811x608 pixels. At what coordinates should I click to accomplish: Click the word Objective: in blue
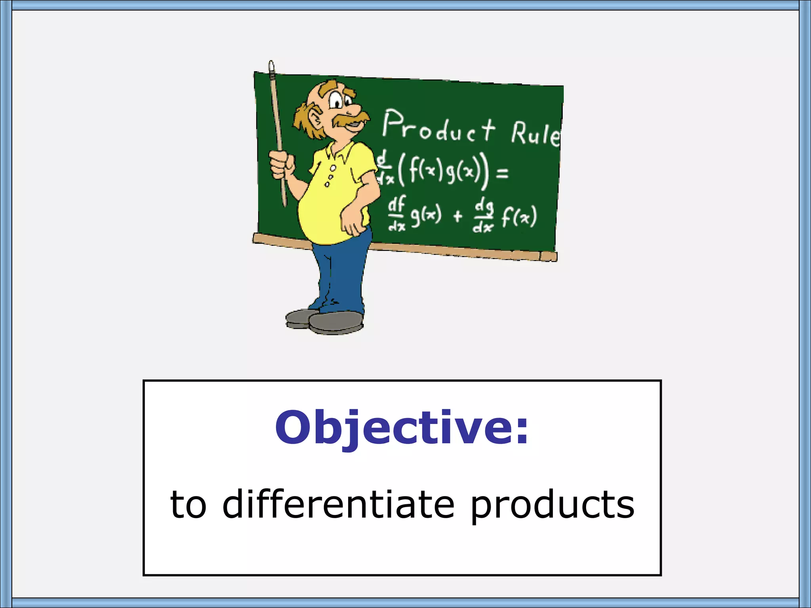coord(402,428)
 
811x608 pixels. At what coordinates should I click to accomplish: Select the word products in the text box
coord(553,505)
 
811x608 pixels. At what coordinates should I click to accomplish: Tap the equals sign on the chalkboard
coord(502,173)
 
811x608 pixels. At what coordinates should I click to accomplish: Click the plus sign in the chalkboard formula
coord(458,216)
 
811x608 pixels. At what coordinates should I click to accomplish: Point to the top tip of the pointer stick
coord(271,64)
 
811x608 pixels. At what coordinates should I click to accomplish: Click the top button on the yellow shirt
coord(333,168)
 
